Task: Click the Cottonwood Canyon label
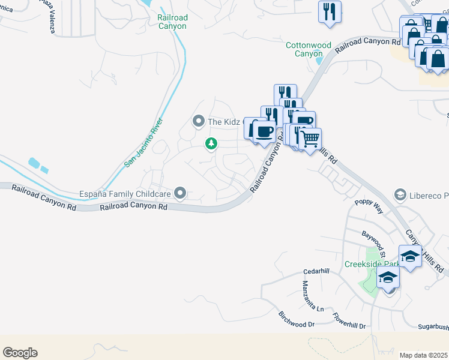tap(309, 49)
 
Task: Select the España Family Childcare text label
tap(124, 194)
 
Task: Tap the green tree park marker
tap(211, 143)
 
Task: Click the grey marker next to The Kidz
tap(198, 122)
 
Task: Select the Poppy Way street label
tap(368, 208)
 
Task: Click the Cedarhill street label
tap(316, 271)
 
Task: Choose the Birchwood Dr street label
tap(297, 319)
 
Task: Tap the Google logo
tap(20, 353)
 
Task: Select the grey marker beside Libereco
tap(400, 195)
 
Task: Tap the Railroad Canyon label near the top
tap(172, 22)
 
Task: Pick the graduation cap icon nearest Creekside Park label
tap(388, 278)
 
